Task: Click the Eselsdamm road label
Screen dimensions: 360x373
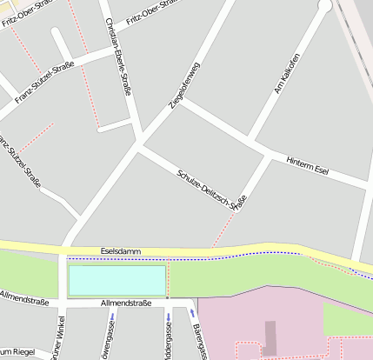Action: [x=120, y=250]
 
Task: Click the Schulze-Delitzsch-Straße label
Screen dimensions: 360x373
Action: [x=211, y=189]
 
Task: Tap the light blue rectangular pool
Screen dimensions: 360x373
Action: [x=117, y=280]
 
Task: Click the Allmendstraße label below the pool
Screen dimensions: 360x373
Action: [x=126, y=303]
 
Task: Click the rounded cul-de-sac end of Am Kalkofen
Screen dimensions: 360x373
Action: [x=325, y=7]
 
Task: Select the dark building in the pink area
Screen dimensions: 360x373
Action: [x=270, y=337]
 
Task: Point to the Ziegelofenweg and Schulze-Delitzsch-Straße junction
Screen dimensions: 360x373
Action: [x=141, y=143]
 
